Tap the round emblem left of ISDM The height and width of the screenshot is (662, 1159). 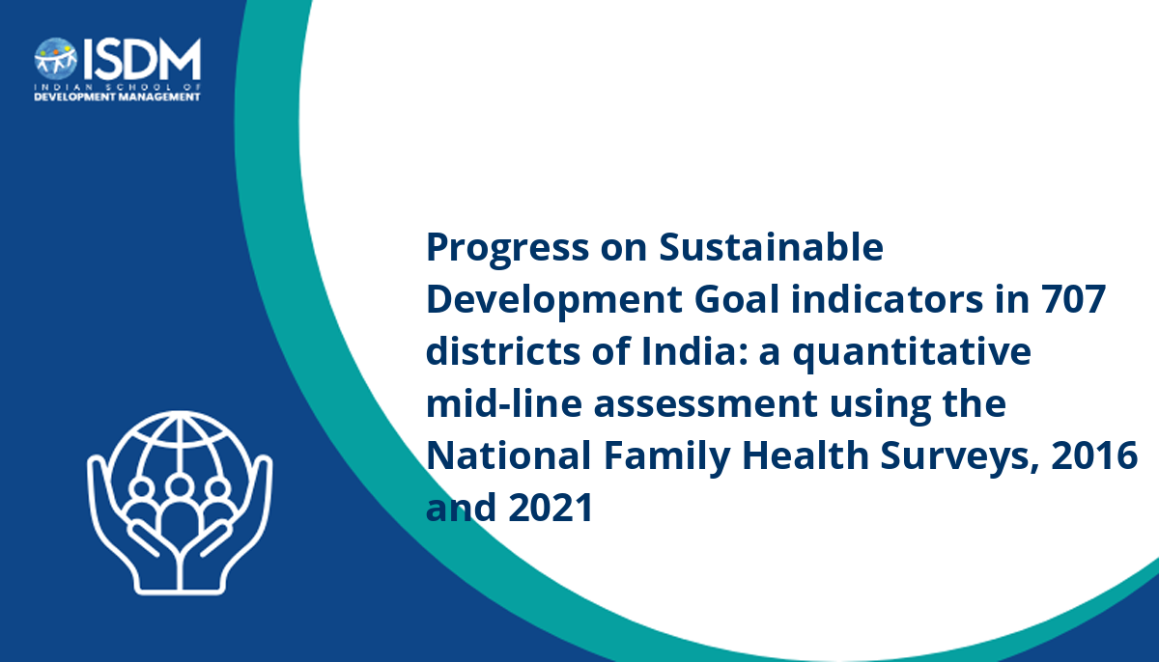tap(56, 60)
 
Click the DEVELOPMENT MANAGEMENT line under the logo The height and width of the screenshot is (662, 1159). tap(117, 97)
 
